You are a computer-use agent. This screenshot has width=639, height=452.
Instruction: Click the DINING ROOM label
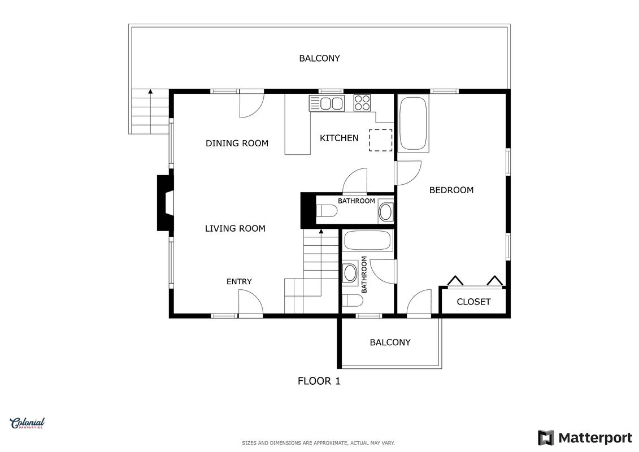pyautogui.click(x=237, y=144)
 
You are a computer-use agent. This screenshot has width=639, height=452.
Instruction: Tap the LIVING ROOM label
pyautogui.click(x=235, y=229)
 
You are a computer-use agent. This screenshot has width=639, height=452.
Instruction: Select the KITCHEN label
pyautogui.click(x=339, y=138)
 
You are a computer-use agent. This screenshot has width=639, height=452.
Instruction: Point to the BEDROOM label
pyautogui.click(x=451, y=190)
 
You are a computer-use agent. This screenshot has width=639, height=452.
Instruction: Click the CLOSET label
pyautogui.click(x=473, y=302)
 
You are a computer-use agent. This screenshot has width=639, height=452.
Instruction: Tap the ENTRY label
pyautogui.click(x=239, y=281)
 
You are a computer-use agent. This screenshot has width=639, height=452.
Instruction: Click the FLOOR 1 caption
pyautogui.click(x=319, y=381)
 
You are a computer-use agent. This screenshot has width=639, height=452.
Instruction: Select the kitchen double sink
pyautogui.click(x=327, y=103)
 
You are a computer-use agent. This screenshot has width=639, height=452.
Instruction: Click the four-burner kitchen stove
pyautogui.click(x=362, y=103)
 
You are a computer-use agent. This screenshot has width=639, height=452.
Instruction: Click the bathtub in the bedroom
pyautogui.click(x=413, y=124)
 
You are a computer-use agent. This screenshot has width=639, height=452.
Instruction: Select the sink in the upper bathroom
pyautogui.click(x=385, y=211)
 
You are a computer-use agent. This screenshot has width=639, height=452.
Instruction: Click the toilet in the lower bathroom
pyautogui.click(x=352, y=301)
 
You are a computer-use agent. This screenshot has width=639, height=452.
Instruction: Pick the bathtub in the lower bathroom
pyautogui.click(x=368, y=241)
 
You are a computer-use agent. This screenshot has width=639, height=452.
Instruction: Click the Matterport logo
pyautogui.click(x=585, y=438)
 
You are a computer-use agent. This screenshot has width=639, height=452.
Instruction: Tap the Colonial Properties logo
pyautogui.click(x=27, y=424)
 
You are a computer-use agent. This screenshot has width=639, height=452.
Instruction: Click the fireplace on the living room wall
pyautogui.click(x=166, y=203)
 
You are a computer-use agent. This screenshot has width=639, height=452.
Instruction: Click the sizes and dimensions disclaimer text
pyautogui.click(x=318, y=443)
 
